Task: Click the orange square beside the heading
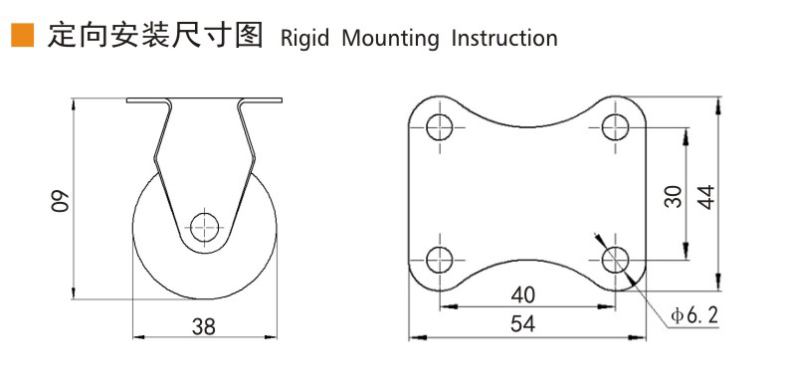pyautogui.click(x=23, y=35)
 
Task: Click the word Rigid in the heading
pyautogui.click(x=304, y=39)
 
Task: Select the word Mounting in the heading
pyautogui.click(x=390, y=39)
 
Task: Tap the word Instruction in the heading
pyautogui.click(x=504, y=38)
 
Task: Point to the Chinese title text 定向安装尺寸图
pyautogui.click(x=155, y=36)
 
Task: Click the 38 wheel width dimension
pyautogui.click(x=204, y=326)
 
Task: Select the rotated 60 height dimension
pyautogui.click(x=60, y=200)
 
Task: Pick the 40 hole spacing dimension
pyautogui.click(x=523, y=295)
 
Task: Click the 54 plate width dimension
pyautogui.click(x=523, y=324)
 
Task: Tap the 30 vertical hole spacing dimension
pyautogui.click(x=674, y=196)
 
